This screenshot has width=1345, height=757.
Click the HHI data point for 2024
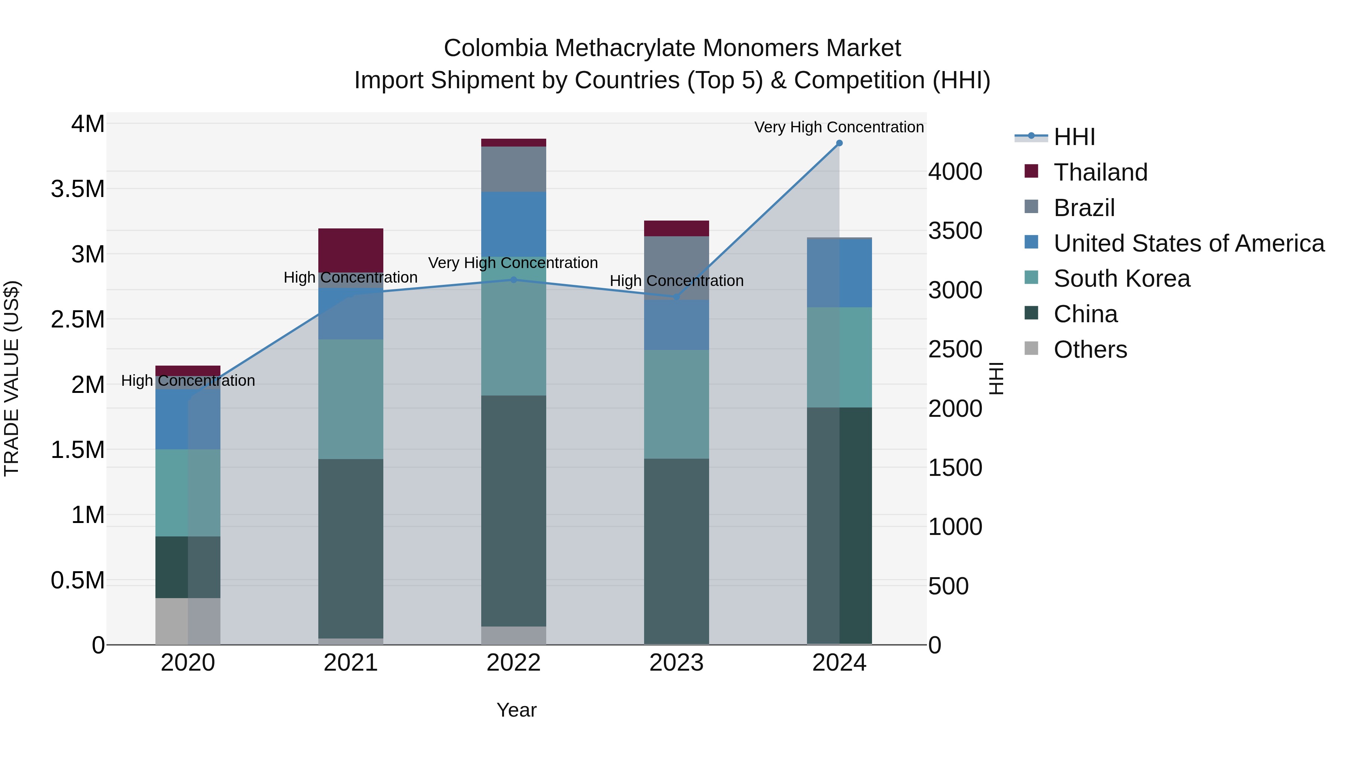pos(839,143)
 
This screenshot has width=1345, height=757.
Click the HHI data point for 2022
pos(513,280)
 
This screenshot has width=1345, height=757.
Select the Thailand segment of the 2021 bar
pos(351,250)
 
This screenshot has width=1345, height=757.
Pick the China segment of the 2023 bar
pos(676,551)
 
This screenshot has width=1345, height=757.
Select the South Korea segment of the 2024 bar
pos(839,357)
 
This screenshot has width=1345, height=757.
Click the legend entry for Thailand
pos(1100,172)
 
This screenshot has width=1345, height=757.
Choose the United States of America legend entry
pos(1188,243)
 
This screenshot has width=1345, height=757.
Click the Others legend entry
pos(1090,350)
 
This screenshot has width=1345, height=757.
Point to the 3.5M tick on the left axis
pos(78,189)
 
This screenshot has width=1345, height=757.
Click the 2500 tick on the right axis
pos(955,349)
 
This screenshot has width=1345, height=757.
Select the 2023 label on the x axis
pos(676,663)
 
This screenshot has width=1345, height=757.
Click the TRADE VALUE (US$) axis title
pos(12,378)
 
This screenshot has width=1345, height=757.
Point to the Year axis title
pos(516,710)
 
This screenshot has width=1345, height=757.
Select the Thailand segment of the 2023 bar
pos(676,228)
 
